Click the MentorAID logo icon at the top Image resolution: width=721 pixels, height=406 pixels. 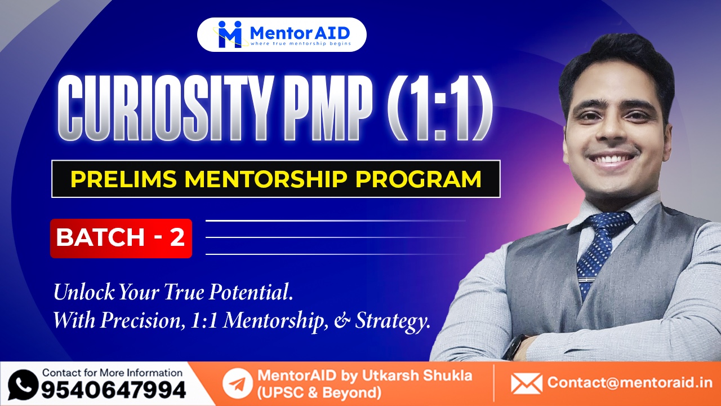pos(230,34)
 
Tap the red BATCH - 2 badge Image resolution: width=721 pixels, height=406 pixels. pos(121,238)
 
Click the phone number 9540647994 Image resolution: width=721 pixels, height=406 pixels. pos(113,390)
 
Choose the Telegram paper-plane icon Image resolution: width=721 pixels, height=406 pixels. pos(237,384)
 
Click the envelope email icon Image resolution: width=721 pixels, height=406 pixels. pos(526,383)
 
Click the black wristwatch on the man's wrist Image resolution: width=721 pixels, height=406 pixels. pos(514,347)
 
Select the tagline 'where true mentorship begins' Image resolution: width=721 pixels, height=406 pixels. pos(301,43)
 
